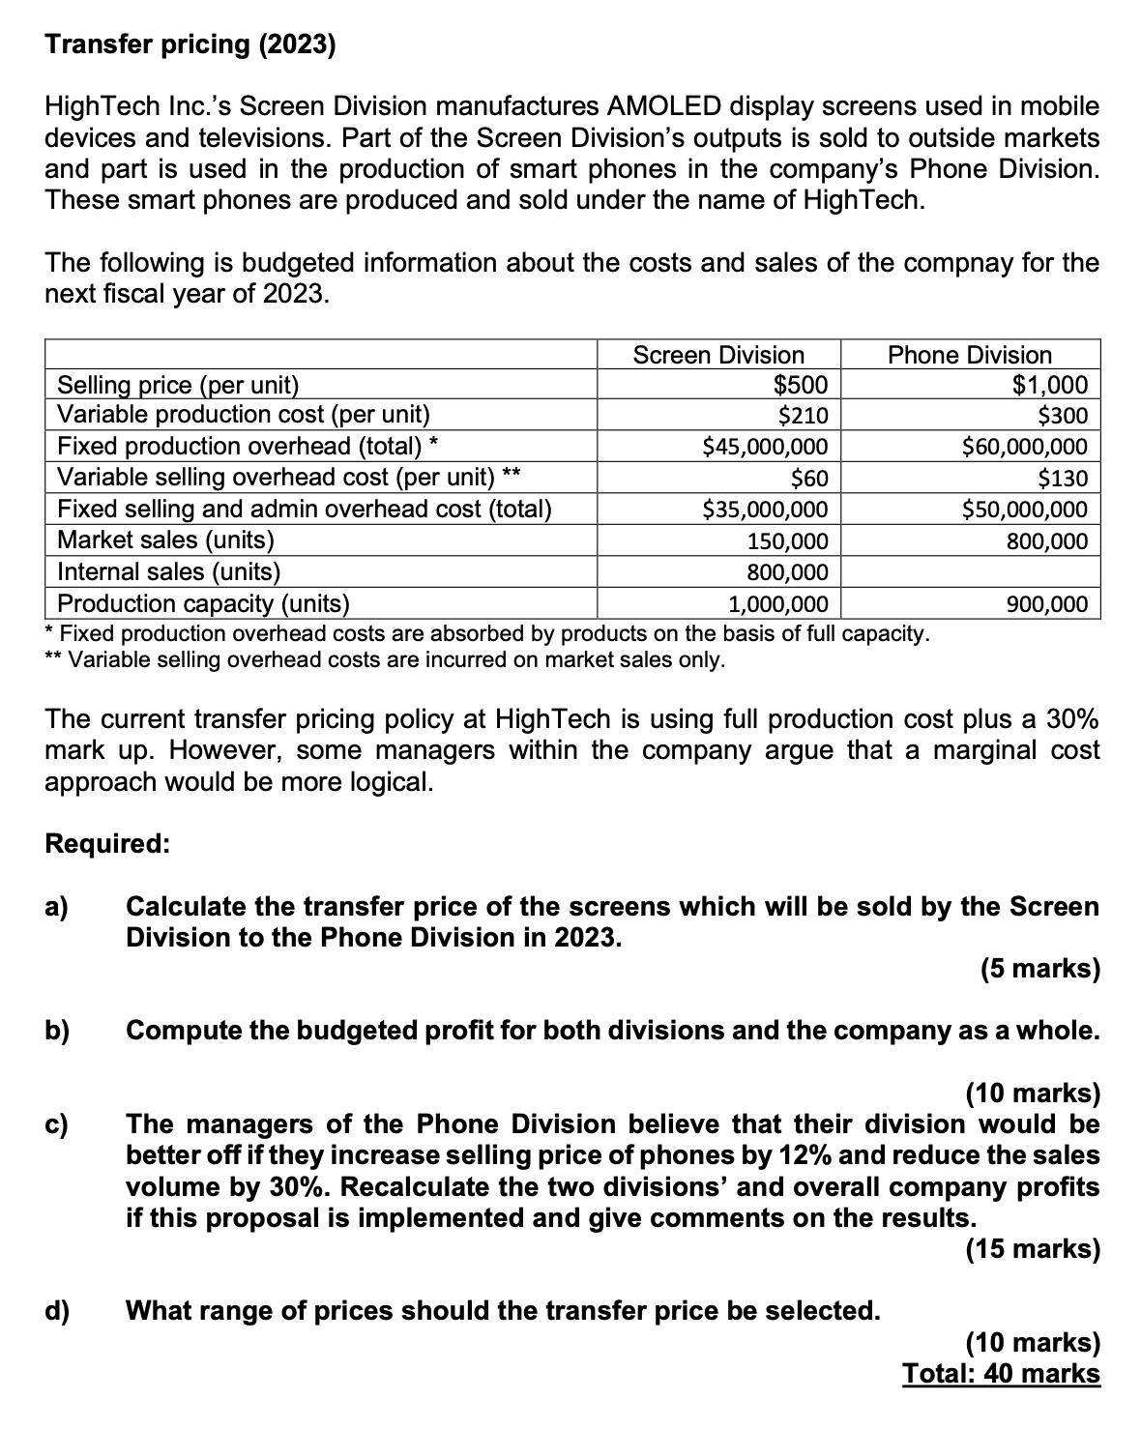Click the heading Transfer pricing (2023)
[190, 45]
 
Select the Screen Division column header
[717, 355]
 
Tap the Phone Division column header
[969, 355]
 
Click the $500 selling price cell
[802, 385]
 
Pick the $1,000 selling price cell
[1049, 385]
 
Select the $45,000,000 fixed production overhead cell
[765, 447]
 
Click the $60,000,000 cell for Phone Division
[1024, 447]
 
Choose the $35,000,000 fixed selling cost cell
[765, 509]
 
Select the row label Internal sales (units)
[169, 572]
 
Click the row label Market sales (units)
[166, 540]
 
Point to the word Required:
[107, 843]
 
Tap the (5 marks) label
[1039, 968]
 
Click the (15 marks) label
[1033, 1249]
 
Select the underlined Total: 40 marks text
[1001, 1373]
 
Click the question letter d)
[57, 1311]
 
